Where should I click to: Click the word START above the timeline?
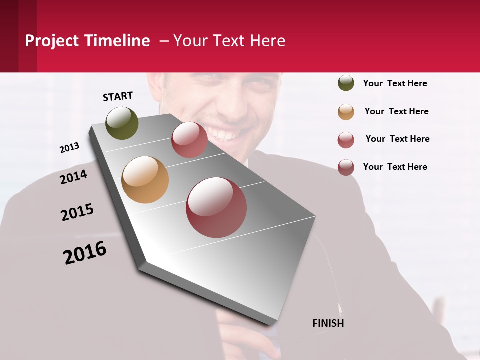(118, 96)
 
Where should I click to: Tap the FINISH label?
(328, 323)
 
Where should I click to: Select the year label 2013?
(69, 148)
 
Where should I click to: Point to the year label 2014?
(73, 177)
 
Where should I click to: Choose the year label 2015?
(77, 212)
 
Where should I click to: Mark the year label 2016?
(85, 252)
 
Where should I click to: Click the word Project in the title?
(52, 41)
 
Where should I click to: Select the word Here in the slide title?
(267, 41)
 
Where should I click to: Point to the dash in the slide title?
(164, 41)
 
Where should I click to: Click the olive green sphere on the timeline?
(122, 123)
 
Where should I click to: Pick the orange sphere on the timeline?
(145, 180)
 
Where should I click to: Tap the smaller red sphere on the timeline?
(189, 139)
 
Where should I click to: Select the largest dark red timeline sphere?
(216, 207)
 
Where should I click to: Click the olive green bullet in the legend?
(346, 83)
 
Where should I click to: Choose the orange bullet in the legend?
(346, 111)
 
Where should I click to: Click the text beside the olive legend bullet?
(395, 83)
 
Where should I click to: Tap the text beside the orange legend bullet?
(396, 111)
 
